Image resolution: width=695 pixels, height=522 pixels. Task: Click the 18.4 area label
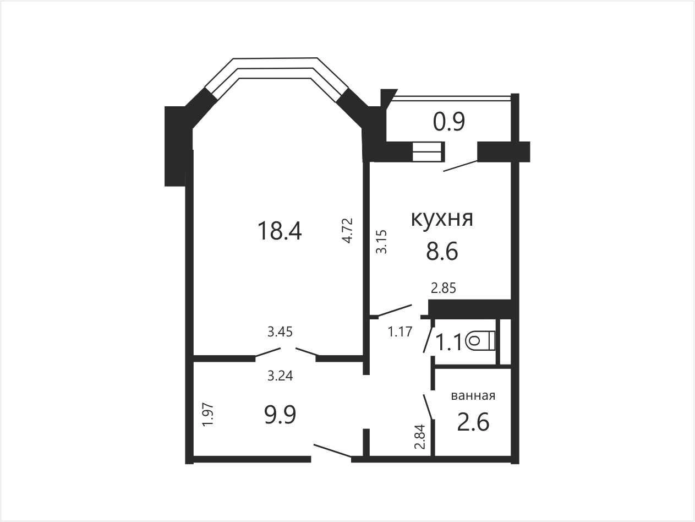[x=280, y=231]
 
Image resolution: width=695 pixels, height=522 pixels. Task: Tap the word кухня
[x=442, y=219]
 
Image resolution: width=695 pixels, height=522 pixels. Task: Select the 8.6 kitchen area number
[x=442, y=252]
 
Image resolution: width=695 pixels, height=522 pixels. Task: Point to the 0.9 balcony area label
[x=449, y=122]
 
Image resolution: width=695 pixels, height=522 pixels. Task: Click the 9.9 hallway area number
[x=280, y=415]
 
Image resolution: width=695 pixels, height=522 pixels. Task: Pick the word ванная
[x=473, y=395]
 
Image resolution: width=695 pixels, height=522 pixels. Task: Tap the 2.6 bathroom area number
[x=473, y=422]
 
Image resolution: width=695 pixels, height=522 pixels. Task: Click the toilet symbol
[x=480, y=341]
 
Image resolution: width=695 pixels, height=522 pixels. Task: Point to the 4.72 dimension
[x=347, y=230]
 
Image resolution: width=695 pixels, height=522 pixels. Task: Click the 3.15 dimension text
[x=381, y=242]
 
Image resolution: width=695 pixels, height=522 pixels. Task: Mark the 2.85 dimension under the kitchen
[x=444, y=288]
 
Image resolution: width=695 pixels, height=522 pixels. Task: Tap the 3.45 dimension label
[x=280, y=331]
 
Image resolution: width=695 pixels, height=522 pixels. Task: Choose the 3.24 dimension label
[x=280, y=376]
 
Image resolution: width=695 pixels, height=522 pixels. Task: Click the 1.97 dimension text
[x=209, y=415]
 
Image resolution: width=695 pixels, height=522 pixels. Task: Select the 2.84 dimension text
[x=420, y=437]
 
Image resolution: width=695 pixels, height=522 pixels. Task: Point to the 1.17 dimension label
[x=400, y=331]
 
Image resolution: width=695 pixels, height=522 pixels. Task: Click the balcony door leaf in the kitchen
[x=461, y=166]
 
